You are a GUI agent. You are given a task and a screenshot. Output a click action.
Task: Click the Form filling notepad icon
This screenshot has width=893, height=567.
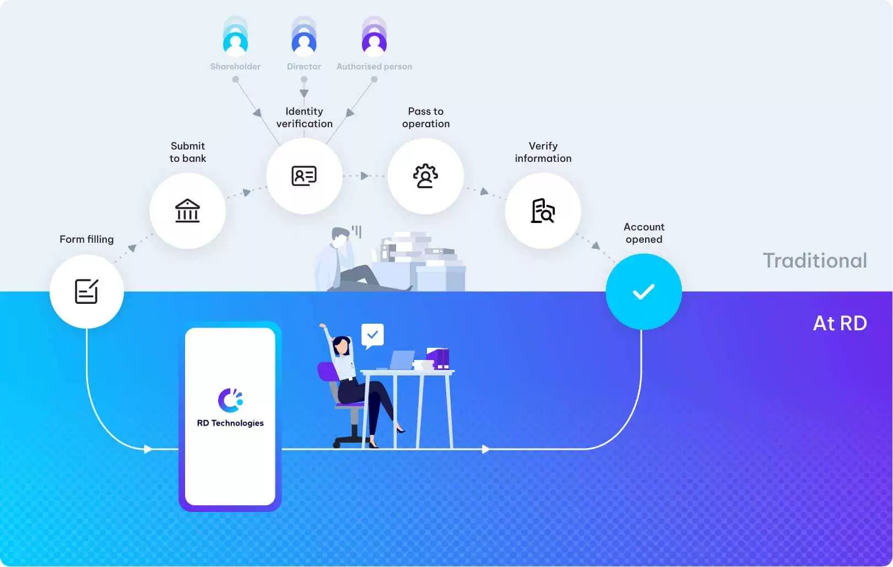pyautogui.click(x=86, y=291)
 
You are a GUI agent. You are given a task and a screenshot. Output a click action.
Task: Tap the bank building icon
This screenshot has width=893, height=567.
pyautogui.click(x=187, y=210)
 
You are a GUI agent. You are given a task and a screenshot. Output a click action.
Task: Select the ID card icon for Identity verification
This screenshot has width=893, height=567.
pyautogui.click(x=304, y=176)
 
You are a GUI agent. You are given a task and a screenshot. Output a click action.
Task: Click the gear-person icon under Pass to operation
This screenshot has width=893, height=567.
pyautogui.click(x=425, y=176)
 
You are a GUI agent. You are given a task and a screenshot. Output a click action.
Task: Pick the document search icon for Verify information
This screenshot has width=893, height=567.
pyautogui.click(x=543, y=210)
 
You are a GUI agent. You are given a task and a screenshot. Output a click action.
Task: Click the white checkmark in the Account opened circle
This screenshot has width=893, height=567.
pyautogui.click(x=643, y=291)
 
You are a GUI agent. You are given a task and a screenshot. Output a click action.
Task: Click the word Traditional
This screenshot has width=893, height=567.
pyautogui.click(x=815, y=260)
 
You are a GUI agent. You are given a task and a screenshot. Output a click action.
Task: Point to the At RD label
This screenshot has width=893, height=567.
pyautogui.click(x=840, y=323)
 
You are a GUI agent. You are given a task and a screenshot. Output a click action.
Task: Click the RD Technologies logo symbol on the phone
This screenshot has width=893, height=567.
pyautogui.click(x=230, y=400)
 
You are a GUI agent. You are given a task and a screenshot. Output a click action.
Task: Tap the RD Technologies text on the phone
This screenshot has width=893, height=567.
pyautogui.click(x=230, y=423)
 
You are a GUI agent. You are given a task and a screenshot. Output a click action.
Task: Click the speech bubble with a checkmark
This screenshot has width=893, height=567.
pyautogui.click(x=372, y=335)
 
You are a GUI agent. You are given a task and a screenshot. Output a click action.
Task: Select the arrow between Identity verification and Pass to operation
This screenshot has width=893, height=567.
pyautogui.click(x=364, y=176)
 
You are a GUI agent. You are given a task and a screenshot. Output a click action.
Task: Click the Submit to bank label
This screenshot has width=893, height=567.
pyautogui.click(x=187, y=152)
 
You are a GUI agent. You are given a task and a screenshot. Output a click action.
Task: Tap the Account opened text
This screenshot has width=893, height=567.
pyautogui.click(x=643, y=233)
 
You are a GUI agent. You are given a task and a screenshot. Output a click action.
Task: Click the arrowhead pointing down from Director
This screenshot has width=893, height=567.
pyautogui.click(x=304, y=94)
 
